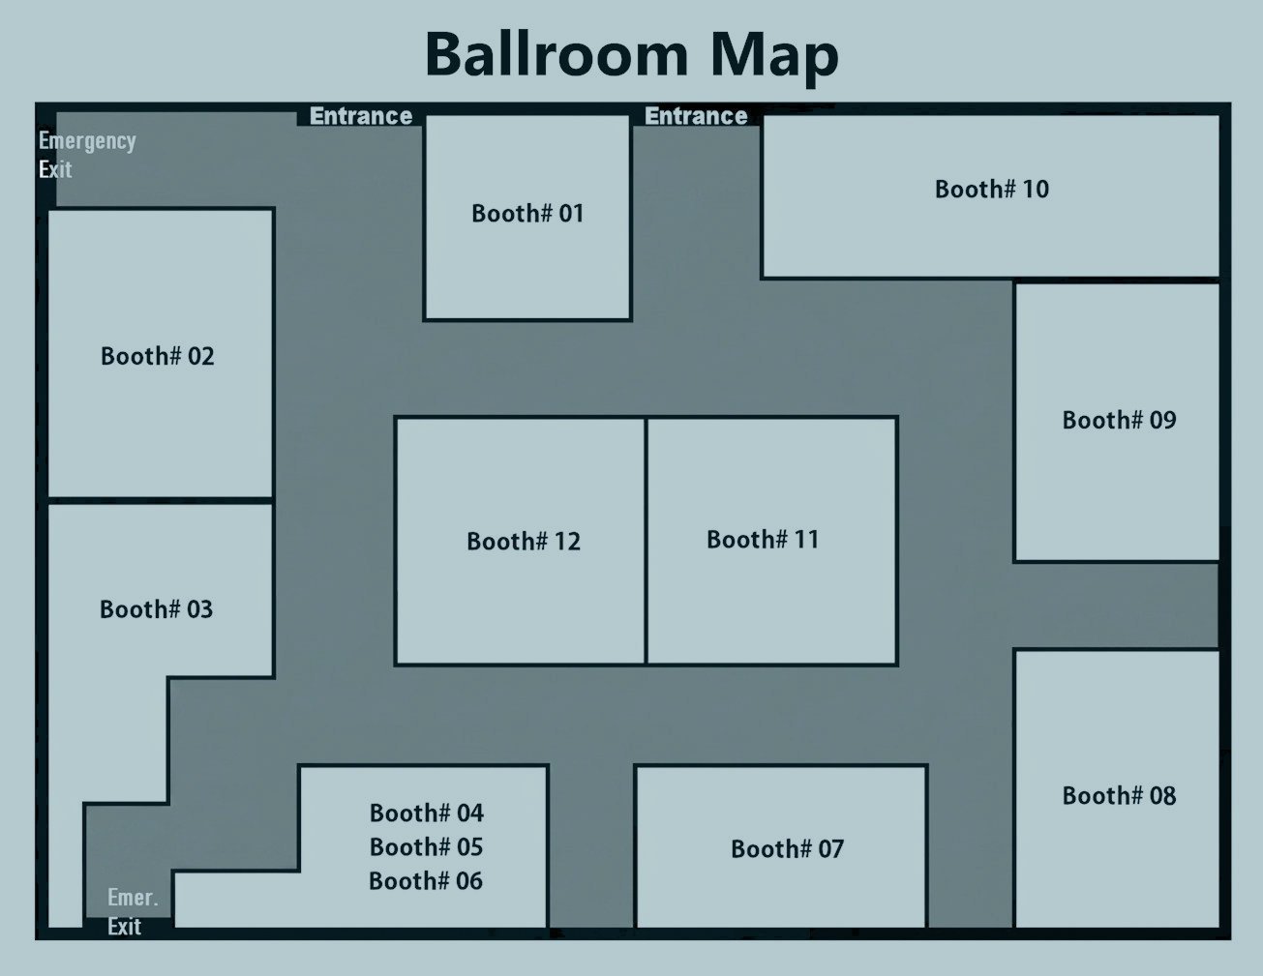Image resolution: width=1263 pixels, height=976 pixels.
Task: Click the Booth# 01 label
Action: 527,213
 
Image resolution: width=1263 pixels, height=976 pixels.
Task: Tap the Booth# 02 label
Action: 158,356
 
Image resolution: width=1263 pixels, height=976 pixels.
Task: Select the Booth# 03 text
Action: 157,609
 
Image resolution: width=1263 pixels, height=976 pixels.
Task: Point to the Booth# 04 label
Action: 427,813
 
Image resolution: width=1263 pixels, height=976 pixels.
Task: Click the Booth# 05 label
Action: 426,847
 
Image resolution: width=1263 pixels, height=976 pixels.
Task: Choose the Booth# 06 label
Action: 426,881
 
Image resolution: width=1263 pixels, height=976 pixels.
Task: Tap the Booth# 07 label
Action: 787,849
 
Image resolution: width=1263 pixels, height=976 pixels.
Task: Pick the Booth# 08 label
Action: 1119,796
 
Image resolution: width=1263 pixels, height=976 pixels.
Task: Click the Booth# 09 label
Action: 1119,420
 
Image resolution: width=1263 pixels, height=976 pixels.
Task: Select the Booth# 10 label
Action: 992,190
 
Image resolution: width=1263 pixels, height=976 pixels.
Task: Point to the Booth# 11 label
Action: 763,540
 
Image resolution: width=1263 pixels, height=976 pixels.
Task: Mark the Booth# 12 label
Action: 523,542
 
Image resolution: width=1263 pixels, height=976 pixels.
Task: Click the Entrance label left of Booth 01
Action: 361,116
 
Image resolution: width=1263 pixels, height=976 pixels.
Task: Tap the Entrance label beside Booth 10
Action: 696,116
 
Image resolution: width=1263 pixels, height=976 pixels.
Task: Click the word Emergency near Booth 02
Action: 87,141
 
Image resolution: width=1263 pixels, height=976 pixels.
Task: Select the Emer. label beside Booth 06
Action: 133,898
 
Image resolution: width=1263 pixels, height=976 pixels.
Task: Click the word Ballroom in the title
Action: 556,55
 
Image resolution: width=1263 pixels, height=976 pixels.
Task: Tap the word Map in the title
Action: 774,58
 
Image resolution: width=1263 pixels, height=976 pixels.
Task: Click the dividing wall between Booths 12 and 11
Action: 646,541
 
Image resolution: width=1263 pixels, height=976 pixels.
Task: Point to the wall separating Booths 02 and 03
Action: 161,501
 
